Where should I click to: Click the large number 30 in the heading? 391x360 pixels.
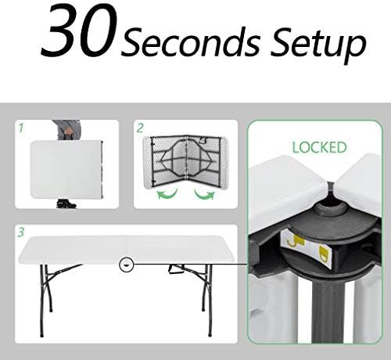point(77,31)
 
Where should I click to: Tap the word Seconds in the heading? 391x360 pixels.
point(190,41)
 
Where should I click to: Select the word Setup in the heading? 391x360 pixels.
point(318,44)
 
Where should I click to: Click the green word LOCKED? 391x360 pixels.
point(319,147)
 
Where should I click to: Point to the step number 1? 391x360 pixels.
point(21,128)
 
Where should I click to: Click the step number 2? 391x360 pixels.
point(140,128)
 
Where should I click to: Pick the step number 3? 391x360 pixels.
point(21,232)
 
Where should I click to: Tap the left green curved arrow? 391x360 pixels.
point(167,194)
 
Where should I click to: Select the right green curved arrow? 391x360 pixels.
point(205,194)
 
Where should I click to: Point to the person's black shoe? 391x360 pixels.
point(66,203)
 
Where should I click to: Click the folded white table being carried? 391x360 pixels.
point(66,169)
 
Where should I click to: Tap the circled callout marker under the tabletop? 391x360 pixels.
point(126,265)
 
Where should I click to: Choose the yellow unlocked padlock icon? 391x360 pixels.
point(296,241)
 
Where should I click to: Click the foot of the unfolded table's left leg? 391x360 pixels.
point(41,334)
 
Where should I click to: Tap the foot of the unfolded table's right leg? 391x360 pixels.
point(210,333)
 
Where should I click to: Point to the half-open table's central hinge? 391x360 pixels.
point(188,163)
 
